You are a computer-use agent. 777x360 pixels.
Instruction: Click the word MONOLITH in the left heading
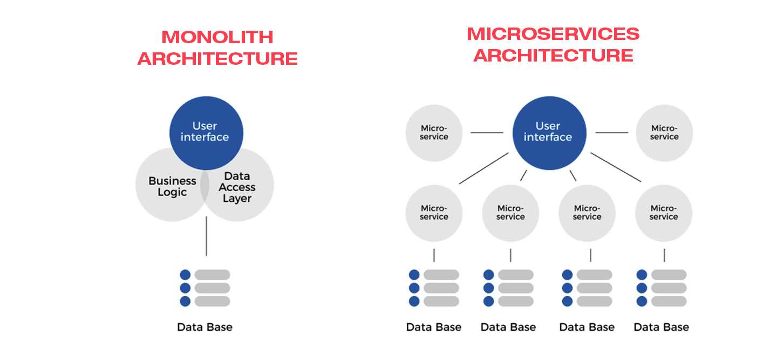(217, 37)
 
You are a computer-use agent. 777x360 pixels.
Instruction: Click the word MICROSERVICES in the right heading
(553, 34)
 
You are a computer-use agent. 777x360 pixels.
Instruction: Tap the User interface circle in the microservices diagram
(548, 132)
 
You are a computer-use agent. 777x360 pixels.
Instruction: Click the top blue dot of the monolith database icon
(185, 275)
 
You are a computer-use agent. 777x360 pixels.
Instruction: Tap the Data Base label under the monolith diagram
(205, 327)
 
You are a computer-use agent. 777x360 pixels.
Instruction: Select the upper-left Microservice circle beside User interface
(434, 133)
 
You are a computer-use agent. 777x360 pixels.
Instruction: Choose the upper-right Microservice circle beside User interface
(664, 133)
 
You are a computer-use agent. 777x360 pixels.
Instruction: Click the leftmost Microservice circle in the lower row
(434, 213)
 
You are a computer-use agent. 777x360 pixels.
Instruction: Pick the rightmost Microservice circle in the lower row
(664, 213)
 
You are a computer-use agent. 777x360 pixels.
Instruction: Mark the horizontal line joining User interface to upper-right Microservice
(612, 132)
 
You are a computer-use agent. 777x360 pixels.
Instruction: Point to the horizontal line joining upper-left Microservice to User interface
(487, 132)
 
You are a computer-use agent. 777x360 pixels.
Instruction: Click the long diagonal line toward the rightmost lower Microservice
(616, 167)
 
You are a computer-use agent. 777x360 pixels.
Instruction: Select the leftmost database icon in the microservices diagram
(434, 288)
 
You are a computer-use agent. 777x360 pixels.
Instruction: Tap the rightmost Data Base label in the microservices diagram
(661, 327)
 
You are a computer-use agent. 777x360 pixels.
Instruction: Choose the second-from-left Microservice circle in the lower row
(510, 213)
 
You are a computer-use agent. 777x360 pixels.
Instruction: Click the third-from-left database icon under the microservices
(587, 288)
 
